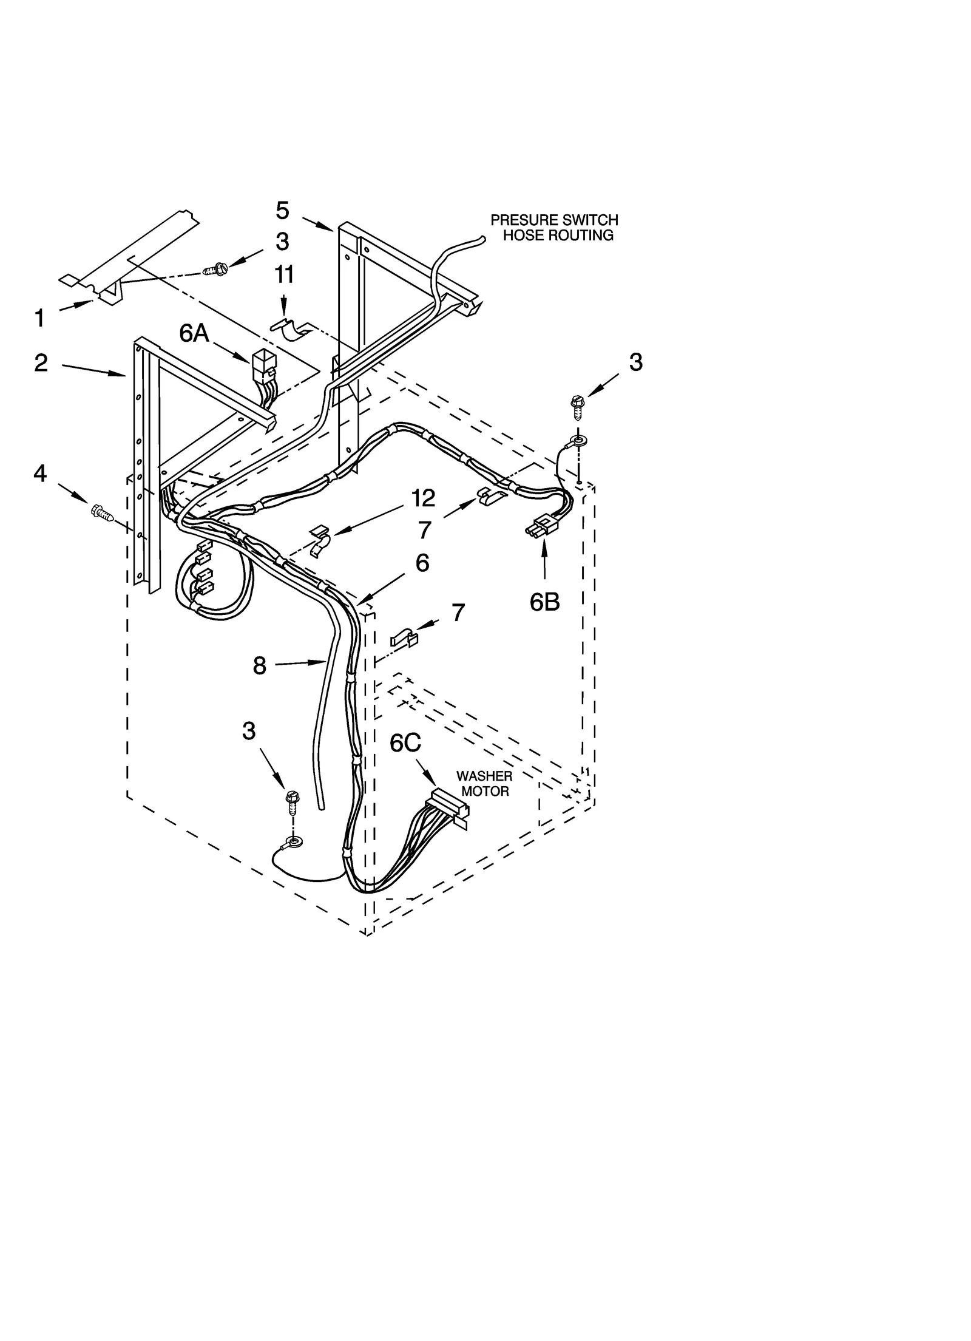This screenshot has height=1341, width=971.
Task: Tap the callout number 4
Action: pos(39,473)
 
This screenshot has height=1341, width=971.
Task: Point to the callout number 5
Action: pos(282,210)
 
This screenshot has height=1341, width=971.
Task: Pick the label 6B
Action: pos(544,602)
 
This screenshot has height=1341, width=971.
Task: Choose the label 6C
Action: pos(405,743)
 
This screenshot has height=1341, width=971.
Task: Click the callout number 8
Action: pos(259,666)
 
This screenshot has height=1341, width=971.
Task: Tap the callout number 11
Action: pos(284,274)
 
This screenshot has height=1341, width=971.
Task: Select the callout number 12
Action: pos(423,498)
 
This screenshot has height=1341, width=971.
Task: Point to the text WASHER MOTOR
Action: pos(484,784)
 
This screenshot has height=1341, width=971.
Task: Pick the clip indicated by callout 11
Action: pos(291,331)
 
